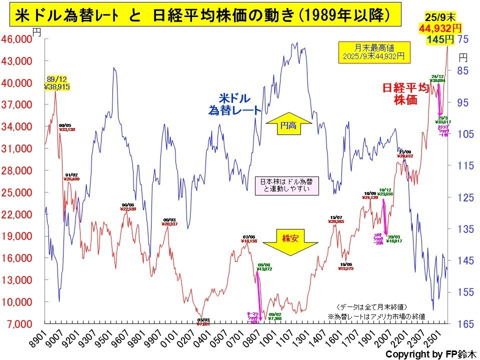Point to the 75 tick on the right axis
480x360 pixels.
(462, 39)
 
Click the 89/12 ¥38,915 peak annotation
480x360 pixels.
(56, 83)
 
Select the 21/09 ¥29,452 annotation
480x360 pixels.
(405, 154)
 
